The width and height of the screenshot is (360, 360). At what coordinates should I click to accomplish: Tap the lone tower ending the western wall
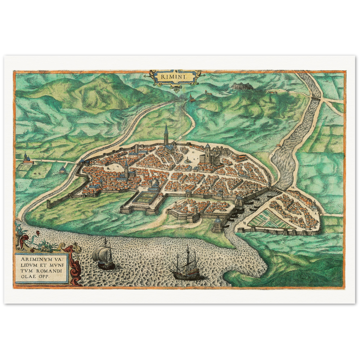(x=49, y=204)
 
